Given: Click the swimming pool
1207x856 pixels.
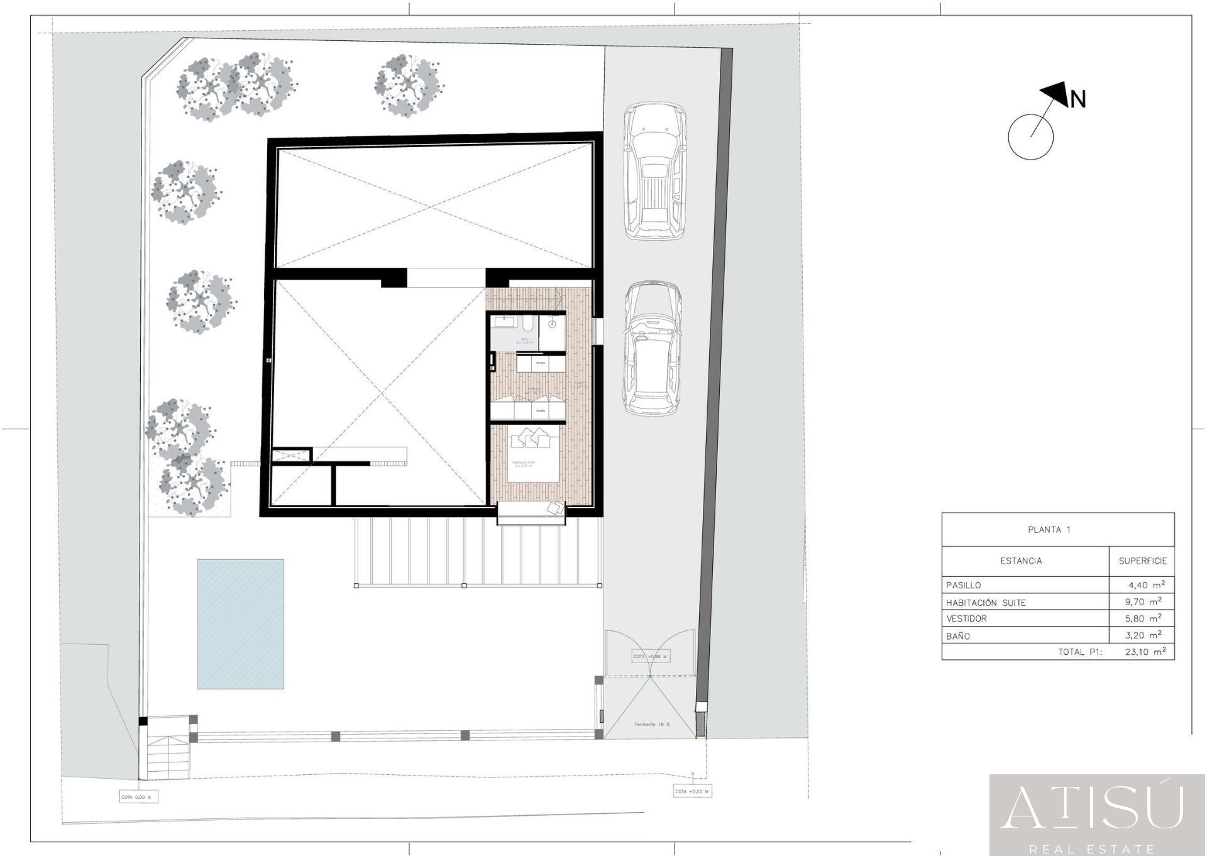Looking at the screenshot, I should (x=240, y=623).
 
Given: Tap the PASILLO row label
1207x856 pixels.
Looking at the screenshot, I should (x=963, y=585).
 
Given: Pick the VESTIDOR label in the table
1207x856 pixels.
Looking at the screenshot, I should (x=966, y=618).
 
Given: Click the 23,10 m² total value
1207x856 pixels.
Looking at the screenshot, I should (x=1145, y=652).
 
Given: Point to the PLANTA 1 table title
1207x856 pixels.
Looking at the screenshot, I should (x=1049, y=530).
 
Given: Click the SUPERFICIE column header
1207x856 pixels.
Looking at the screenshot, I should (x=1142, y=561).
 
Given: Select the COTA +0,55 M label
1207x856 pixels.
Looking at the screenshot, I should (x=692, y=791).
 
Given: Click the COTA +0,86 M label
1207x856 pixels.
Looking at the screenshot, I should (x=650, y=656).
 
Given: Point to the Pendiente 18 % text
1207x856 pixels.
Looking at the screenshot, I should (x=652, y=724).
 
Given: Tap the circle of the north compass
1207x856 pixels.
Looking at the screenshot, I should (x=1030, y=136).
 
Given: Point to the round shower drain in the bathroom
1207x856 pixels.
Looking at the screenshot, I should (x=552, y=324).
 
